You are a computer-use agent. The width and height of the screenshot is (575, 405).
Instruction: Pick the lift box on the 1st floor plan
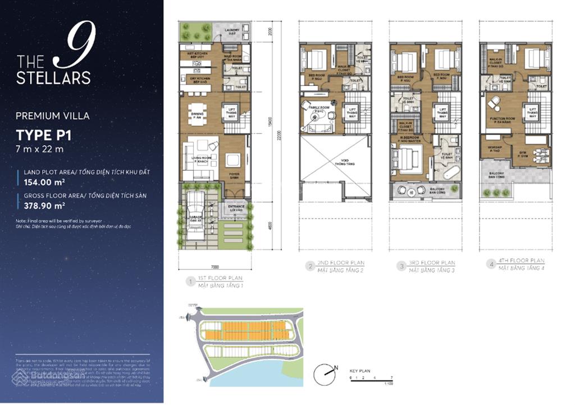pyautogui.click(x=230, y=111)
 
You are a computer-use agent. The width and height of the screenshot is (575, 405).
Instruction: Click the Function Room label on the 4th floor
pyautogui.click(x=502, y=120)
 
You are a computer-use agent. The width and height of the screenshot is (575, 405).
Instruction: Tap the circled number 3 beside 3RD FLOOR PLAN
pyautogui.click(x=400, y=266)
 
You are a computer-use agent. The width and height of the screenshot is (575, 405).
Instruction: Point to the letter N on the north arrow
pyautogui.click(x=336, y=368)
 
